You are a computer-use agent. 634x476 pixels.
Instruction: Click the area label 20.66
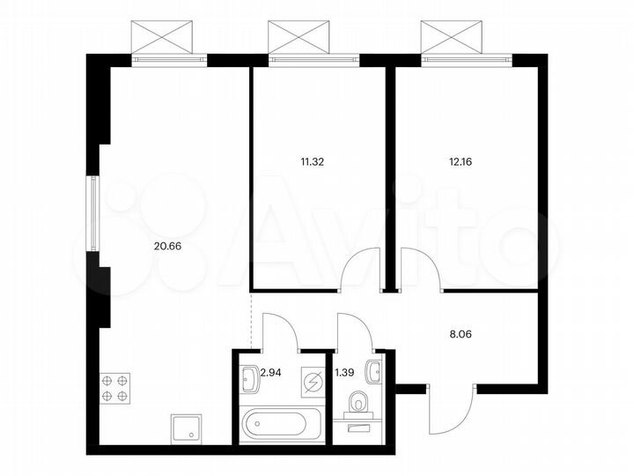(x=167, y=246)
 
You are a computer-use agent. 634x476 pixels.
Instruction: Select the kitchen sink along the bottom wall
(x=185, y=429)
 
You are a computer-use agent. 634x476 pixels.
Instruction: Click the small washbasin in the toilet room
(x=377, y=369)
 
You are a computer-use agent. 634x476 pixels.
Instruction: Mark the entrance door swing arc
(x=449, y=410)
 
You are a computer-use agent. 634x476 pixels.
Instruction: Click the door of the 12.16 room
(x=420, y=269)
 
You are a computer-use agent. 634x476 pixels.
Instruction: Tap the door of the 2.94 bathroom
(x=280, y=331)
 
